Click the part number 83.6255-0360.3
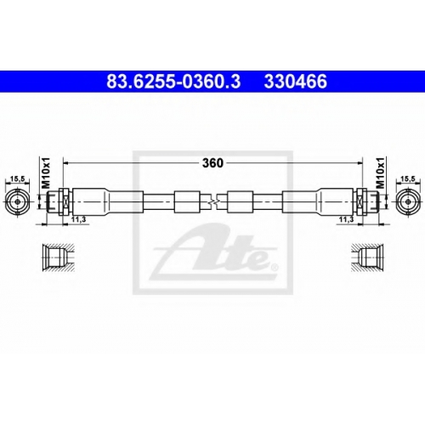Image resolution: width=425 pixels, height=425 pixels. click(173, 82)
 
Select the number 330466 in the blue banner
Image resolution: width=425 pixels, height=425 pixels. click(296, 82)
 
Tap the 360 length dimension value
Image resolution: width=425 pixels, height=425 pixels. click(212, 163)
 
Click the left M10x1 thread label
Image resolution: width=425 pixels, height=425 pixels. click(46, 173)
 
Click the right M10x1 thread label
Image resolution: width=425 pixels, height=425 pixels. click(380, 173)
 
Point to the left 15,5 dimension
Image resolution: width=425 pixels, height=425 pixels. click(18, 178)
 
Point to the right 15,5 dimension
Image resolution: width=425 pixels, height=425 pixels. click(408, 178)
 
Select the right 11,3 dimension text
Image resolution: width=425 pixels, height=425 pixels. click(346, 220)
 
